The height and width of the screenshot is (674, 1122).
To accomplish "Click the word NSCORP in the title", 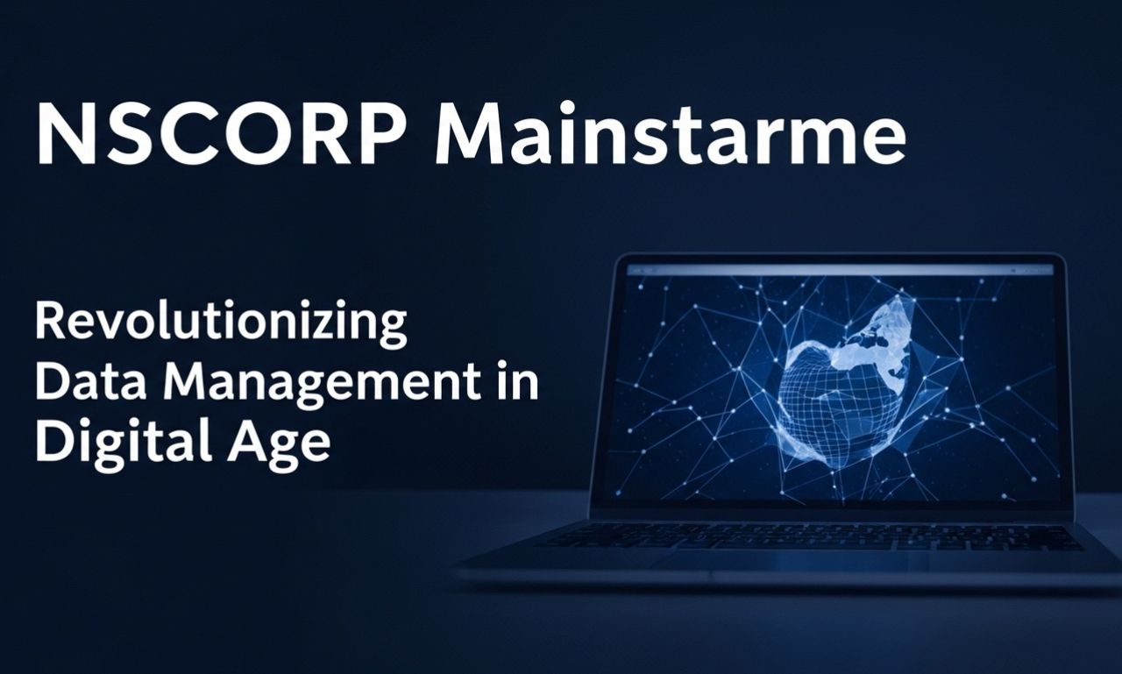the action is pos(220,133).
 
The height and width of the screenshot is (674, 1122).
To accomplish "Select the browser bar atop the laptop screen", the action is pos(840,271).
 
